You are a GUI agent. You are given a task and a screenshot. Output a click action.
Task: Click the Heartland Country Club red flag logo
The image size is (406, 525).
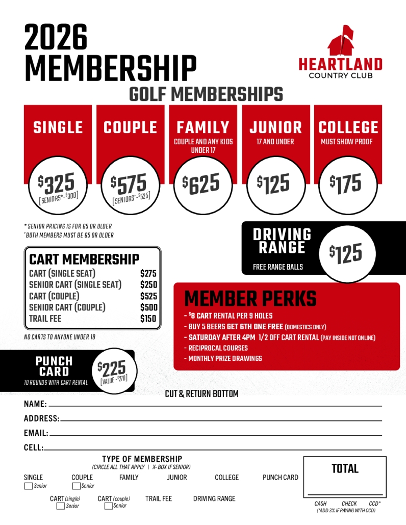point(341,41)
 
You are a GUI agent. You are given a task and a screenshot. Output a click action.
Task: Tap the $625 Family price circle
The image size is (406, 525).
point(202,184)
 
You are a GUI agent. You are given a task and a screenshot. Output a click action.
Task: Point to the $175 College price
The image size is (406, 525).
point(347,184)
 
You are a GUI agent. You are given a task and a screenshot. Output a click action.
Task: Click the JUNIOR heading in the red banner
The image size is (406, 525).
point(275,127)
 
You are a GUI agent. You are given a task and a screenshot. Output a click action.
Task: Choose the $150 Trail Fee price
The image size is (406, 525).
point(148,319)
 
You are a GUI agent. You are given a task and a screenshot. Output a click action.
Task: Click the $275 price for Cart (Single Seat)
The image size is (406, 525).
point(148,274)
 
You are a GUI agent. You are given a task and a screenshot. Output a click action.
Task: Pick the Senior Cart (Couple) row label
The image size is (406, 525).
point(67,307)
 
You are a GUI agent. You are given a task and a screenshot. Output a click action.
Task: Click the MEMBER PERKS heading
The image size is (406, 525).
point(250,299)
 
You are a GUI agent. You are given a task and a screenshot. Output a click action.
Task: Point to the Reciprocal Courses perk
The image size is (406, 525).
point(218,348)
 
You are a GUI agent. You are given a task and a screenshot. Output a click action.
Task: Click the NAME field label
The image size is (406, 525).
point(35,404)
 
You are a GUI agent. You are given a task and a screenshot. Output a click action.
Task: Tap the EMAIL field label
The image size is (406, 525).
point(36,433)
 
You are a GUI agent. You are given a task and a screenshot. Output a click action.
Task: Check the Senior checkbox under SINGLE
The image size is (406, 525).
point(29,486)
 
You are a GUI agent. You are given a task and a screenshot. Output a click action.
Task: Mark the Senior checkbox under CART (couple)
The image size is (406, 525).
point(108,506)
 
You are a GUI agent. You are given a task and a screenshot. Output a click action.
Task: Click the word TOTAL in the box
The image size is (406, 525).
point(345,468)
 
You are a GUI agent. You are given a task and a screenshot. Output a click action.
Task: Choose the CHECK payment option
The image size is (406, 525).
point(349,504)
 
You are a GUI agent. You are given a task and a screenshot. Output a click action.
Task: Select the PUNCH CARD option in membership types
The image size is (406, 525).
point(280,478)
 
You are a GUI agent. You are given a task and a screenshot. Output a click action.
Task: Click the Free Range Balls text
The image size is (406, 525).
point(277,267)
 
